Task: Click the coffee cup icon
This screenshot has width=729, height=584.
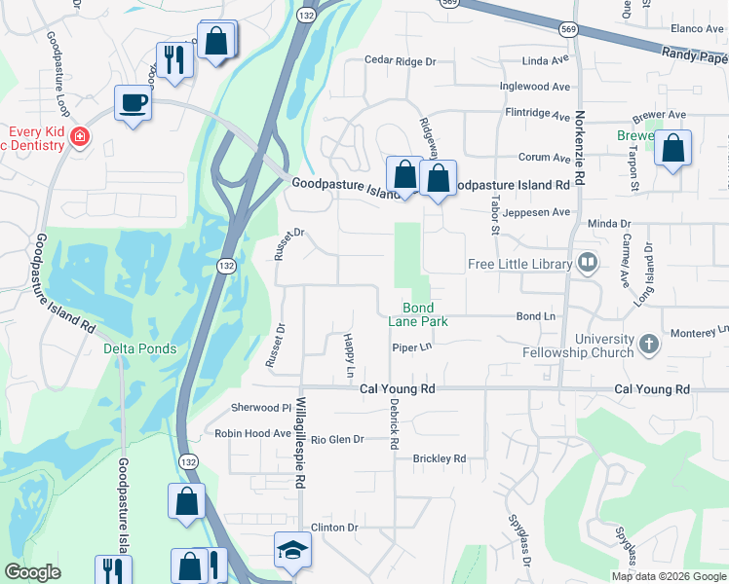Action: (133, 102)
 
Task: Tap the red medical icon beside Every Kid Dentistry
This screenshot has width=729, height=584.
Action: (79, 138)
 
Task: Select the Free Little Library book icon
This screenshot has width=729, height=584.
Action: (587, 263)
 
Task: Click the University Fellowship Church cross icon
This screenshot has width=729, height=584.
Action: (648, 344)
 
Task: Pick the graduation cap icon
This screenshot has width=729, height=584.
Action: (292, 551)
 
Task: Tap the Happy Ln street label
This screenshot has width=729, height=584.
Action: (348, 355)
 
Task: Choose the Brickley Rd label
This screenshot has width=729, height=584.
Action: (440, 458)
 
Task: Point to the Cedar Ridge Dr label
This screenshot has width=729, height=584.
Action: (399, 60)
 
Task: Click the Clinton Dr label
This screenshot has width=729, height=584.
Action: (334, 528)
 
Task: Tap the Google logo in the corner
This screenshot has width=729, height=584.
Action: (32, 572)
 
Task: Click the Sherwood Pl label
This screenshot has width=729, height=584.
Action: (260, 408)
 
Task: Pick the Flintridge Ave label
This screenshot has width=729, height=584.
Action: (537, 114)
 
